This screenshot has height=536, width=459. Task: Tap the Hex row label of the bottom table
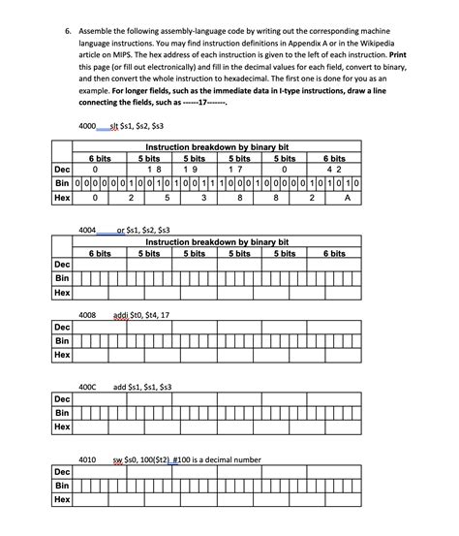(x=62, y=499)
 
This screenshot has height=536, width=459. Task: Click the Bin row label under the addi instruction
(x=62, y=340)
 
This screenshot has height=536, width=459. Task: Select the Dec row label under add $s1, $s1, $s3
(x=62, y=398)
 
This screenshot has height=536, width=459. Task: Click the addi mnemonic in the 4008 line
(x=124, y=315)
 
